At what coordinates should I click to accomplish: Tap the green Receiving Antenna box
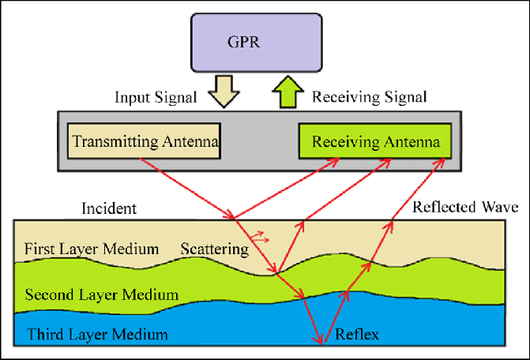pyautogui.click(x=374, y=142)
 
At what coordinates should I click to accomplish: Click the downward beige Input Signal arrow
pyautogui.click(x=221, y=89)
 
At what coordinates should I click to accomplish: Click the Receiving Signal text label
pyautogui.click(x=370, y=98)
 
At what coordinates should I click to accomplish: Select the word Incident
pyautogui.click(x=110, y=209)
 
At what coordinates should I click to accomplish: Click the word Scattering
pyautogui.click(x=215, y=249)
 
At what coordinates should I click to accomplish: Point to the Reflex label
pyautogui.click(x=358, y=335)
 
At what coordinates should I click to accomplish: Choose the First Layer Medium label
pyautogui.click(x=92, y=249)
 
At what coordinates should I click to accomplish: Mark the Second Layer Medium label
pyautogui.click(x=101, y=295)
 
